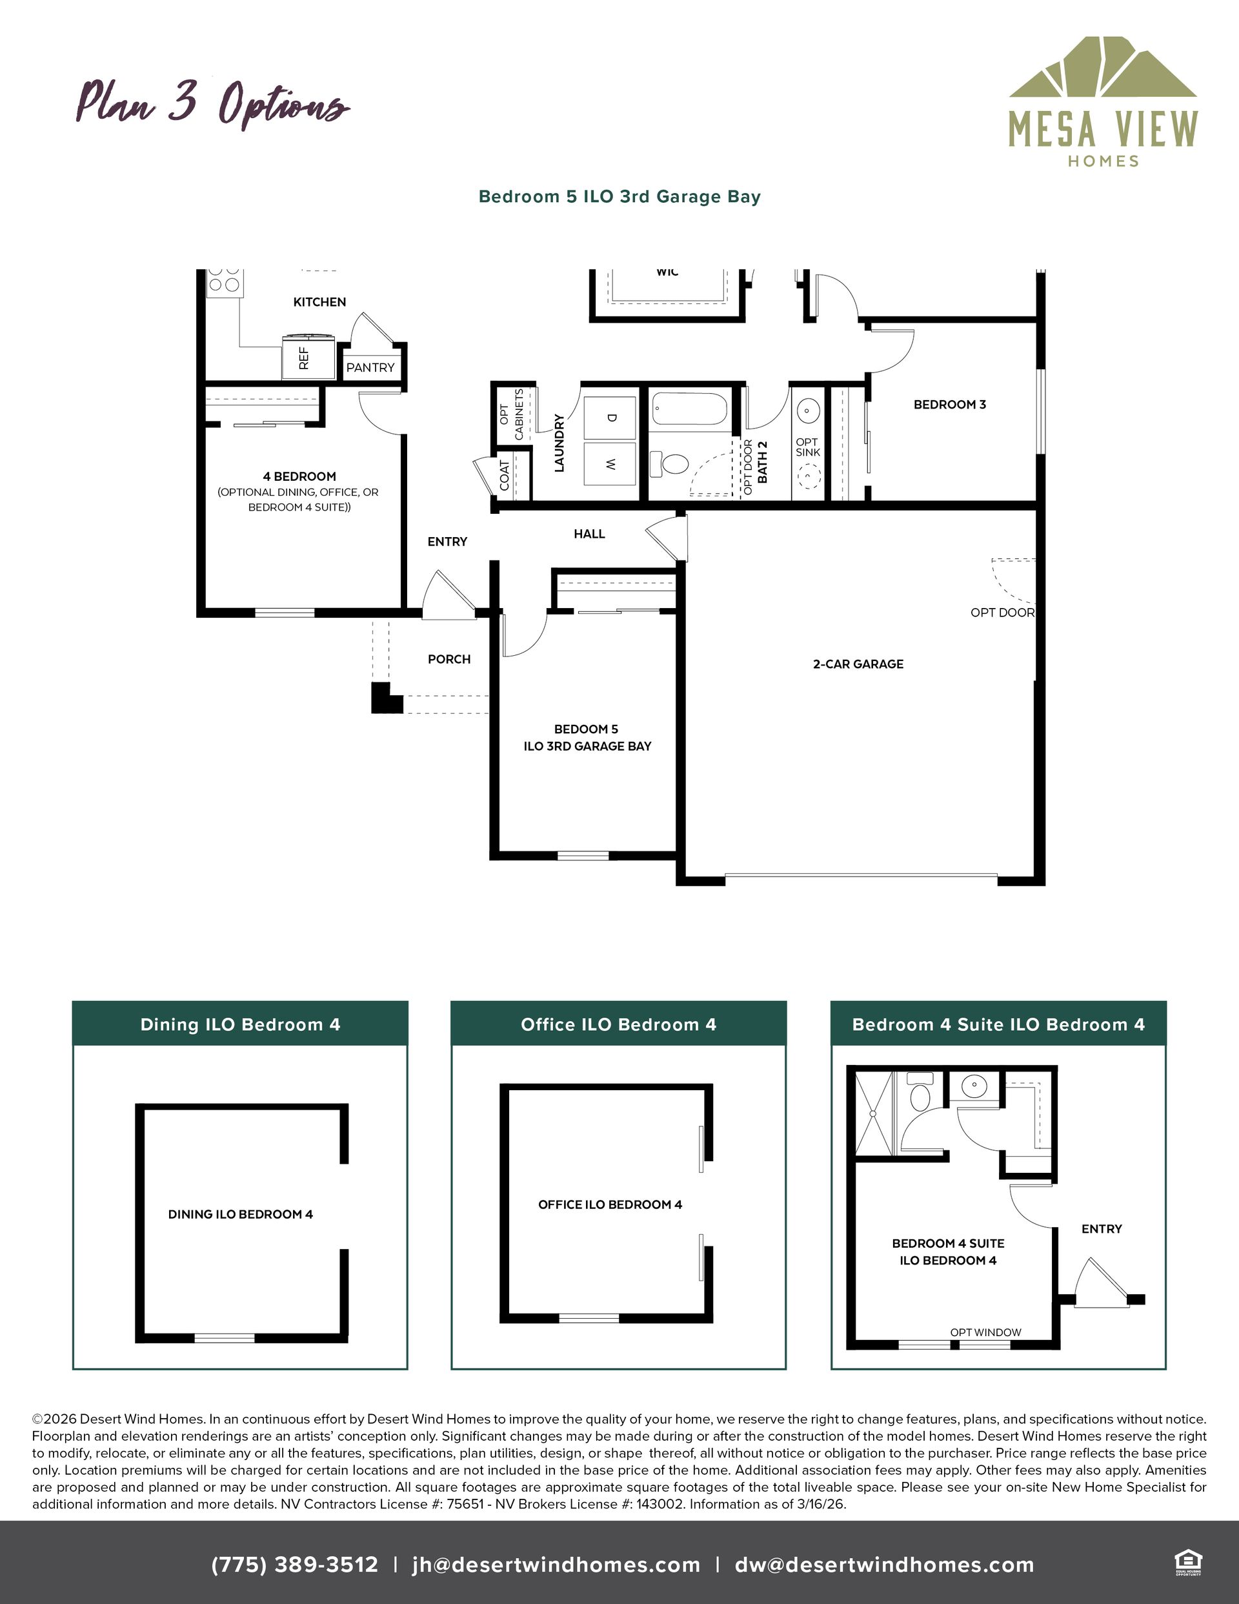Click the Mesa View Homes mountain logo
coord(1102,67)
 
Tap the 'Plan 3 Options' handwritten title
coord(213,105)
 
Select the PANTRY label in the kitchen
coord(370,367)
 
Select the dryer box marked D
coord(610,417)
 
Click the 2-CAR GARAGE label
coord(858,664)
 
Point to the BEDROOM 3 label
coord(950,404)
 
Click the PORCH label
coord(448,660)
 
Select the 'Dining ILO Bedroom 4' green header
coord(240,1024)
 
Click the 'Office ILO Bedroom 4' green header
coord(618,1024)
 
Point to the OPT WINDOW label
coord(985,1332)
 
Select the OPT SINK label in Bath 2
coord(807,447)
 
